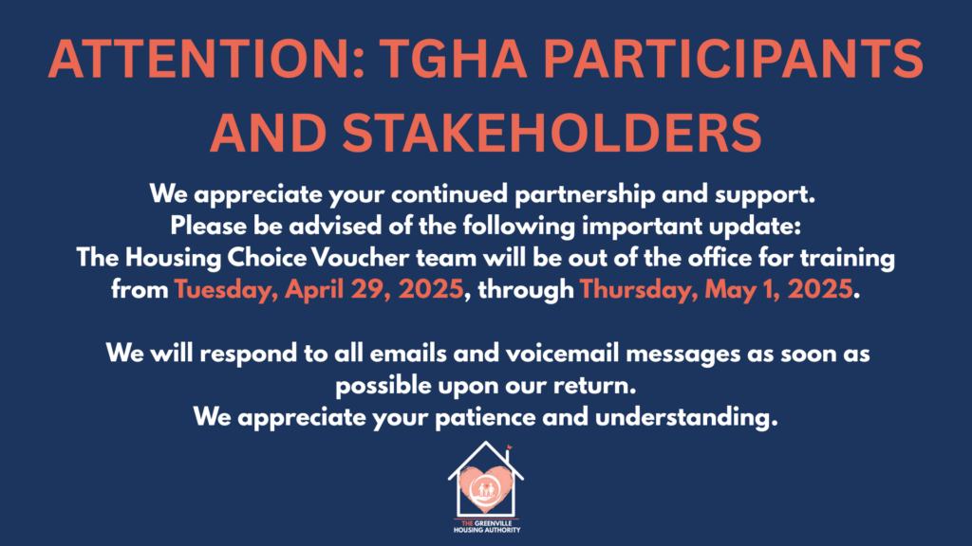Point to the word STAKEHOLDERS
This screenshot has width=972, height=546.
click(551, 133)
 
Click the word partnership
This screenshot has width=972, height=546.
click(585, 195)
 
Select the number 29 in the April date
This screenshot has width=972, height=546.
click(371, 289)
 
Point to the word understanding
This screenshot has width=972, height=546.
click(686, 417)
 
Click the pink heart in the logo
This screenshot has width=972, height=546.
click(486, 489)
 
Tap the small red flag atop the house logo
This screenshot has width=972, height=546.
click(510, 447)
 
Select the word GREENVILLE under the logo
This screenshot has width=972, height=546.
click(493, 523)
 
